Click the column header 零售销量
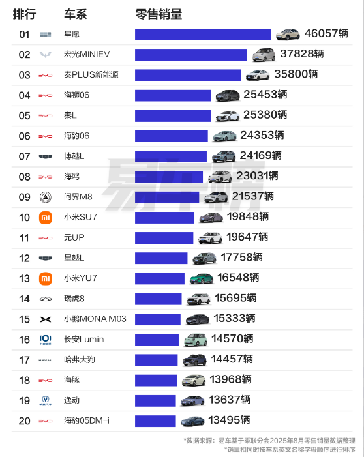[159, 14]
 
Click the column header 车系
[75, 14]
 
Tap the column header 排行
[24, 14]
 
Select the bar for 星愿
[203, 35]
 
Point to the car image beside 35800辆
[260, 75]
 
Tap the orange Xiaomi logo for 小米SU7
[45, 218]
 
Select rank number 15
[24, 319]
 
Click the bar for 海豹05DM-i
[155, 421]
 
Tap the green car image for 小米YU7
[202, 279]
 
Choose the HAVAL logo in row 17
[45, 360]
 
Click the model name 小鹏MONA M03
[95, 319]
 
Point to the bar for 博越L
[171, 156]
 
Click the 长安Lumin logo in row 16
[45, 340]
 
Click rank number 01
[24, 35]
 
